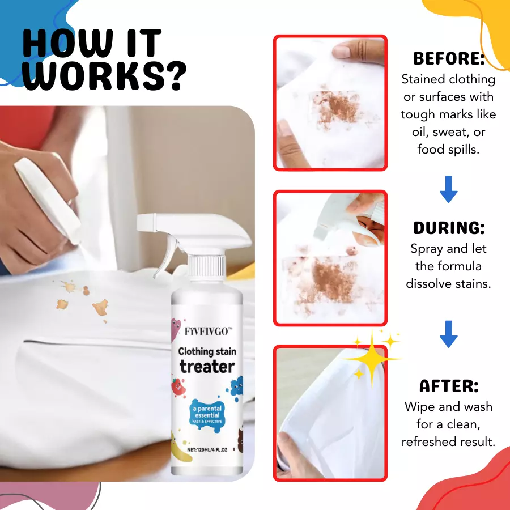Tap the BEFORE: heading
click(449, 59)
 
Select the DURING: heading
click(449, 228)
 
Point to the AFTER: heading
click(449, 386)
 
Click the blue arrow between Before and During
click(449, 189)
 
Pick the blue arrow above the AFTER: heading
click(449, 334)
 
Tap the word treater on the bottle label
click(207, 367)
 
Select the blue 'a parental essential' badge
click(207, 414)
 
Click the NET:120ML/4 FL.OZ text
click(207, 450)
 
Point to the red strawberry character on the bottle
click(178, 386)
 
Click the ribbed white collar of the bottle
click(207, 268)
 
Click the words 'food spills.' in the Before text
click(449, 149)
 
